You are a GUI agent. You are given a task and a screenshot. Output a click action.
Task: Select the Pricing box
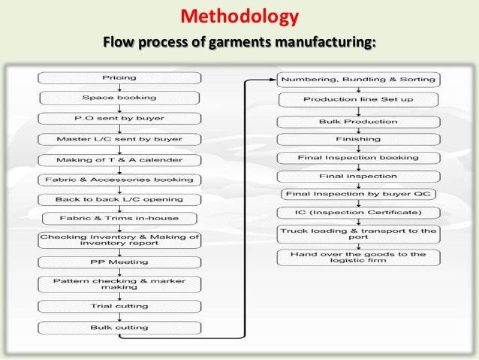click(x=119, y=77)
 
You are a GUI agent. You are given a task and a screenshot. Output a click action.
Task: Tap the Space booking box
click(x=119, y=98)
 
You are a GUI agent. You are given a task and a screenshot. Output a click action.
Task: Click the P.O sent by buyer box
click(x=119, y=118)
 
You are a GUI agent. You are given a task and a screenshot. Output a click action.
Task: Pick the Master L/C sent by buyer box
click(x=119, y=138)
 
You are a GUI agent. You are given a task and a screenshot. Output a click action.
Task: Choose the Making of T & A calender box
click(x=119, y=159)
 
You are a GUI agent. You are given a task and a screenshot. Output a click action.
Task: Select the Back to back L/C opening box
click(x=119, y=199)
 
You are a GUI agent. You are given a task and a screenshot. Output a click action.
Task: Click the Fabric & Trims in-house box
click(x=119, y=219)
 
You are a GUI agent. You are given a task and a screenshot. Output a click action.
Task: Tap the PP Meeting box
click(x=119, y=263)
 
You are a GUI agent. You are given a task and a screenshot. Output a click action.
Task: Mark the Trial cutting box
click(x=119, y=307)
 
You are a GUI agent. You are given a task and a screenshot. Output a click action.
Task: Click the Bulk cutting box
click(x=119, y=328)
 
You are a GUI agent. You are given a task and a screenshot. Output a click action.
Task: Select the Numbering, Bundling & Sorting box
click(x=360, y=79)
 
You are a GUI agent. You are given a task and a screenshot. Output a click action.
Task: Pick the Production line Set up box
click(x=360, y=99)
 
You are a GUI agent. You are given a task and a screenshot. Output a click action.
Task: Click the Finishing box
click(x=360, y=138)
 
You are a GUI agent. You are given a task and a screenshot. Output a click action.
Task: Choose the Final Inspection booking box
click(x=360, y=158)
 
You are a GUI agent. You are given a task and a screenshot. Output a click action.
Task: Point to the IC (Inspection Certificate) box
click(x=360, y=214)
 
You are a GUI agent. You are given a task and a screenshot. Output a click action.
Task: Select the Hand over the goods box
click(x=360, y=258)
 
